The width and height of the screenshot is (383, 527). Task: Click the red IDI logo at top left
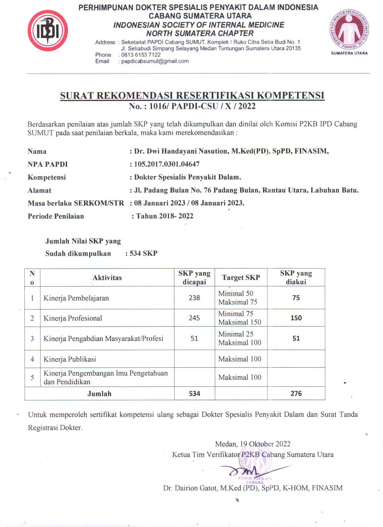point(47,30)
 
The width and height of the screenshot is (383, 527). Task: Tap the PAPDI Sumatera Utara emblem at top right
point(349,30)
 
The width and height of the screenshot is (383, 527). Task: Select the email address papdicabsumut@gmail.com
point(155,61)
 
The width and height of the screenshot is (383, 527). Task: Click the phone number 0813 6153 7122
point(141,55)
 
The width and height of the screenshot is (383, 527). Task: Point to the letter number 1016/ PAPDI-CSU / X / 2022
point(202,106)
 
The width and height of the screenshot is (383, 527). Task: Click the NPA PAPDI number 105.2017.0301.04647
point(167,164)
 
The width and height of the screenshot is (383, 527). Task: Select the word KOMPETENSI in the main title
point(290,95)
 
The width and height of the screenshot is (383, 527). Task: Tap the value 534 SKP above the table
point(143,253)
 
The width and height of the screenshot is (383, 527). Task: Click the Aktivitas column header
point(107,278)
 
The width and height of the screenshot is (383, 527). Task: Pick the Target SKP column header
point(241,277)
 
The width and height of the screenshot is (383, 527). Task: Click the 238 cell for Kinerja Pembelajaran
point(194,298)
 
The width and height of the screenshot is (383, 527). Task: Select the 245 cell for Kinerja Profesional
point(194,318)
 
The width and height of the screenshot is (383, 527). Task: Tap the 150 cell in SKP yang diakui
point(296,318)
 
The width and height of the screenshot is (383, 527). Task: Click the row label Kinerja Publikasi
point(70,359)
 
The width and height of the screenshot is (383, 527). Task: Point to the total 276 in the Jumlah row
point(296,393)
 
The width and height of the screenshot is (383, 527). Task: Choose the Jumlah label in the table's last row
point(99,394)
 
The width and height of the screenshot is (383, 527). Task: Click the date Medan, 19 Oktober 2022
point(253,444)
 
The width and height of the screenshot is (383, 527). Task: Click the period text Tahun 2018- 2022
point(165,216)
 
